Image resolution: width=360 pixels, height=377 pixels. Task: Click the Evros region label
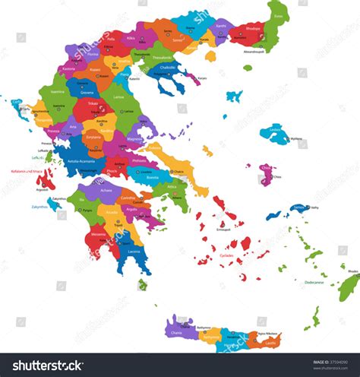[x=278, y=16]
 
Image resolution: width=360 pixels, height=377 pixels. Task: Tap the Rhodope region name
[x=254, y=30]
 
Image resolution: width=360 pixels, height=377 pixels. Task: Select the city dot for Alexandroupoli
[x=254, y=46]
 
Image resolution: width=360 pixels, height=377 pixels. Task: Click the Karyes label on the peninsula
[x=201, y=78]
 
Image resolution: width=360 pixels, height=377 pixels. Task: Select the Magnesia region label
[x=134, y=139]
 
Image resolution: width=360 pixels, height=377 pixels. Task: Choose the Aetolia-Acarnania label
[x=73, y=162]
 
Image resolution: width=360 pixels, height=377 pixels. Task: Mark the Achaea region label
[x=106, y=191]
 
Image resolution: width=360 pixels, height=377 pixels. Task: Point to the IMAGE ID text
[x=322, y=362]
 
